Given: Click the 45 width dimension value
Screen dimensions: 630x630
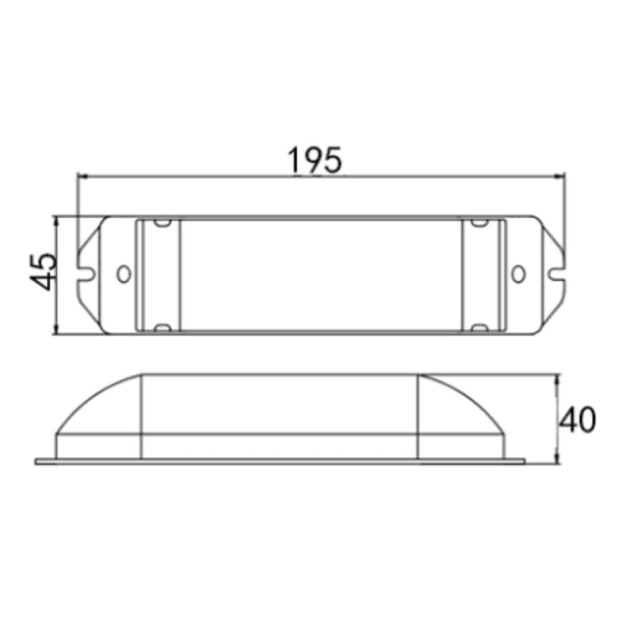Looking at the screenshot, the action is click(44, 271).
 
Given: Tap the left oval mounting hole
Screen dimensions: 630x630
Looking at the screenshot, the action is click(124, 274).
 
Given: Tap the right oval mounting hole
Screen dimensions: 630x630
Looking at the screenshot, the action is click(518, 274).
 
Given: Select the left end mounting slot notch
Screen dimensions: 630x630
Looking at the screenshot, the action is click(86, 275).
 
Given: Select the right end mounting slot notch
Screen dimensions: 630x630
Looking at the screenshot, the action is click(556, 275).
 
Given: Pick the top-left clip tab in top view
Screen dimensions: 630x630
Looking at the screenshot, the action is click(162, 222).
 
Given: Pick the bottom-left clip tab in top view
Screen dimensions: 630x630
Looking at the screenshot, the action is click(162, 327).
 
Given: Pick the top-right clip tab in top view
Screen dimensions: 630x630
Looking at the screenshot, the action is click(479, 222).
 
